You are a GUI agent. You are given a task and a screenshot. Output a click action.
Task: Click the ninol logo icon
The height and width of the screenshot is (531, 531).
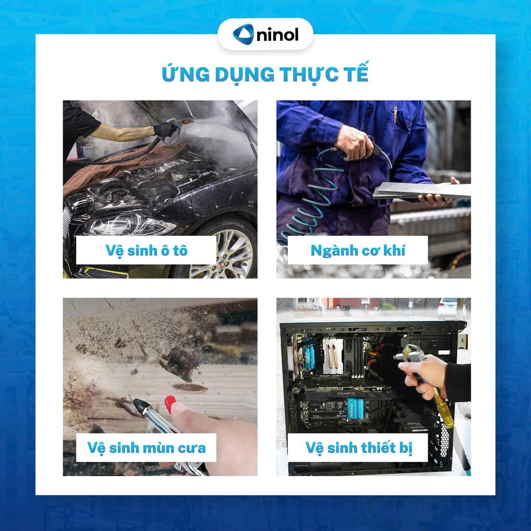(x=243, y=34)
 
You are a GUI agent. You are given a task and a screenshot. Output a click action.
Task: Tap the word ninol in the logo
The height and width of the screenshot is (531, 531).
(x=278, y=35)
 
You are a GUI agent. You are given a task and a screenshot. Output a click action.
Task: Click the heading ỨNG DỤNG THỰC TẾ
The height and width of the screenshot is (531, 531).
(x=265, y=74)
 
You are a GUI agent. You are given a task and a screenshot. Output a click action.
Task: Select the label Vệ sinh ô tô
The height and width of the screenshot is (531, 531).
(x=146, y=250)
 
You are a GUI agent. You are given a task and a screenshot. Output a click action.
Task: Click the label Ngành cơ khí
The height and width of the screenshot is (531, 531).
(x=358, y=250)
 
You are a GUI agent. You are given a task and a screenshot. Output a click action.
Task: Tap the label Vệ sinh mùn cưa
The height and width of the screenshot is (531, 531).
(x=146, y=448)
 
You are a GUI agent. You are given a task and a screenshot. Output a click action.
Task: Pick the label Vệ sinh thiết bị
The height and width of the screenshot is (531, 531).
(x=359, y=448)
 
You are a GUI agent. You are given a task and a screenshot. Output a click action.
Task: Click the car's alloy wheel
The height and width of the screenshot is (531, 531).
(x=222, y=254)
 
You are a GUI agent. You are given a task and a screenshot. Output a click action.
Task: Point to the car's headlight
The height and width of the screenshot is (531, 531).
(x=130, y=225)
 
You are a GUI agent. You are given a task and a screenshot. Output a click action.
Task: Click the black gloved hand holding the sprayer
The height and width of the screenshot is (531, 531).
(x=165, y=129)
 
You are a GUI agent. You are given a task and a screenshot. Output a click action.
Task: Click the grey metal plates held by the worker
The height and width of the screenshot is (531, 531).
(x=422, y=191)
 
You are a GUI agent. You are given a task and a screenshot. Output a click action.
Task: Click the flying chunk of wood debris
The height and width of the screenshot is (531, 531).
(x=179, y=363)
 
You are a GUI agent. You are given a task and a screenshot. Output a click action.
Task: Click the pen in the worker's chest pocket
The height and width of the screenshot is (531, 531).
(x=395, y=115)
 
